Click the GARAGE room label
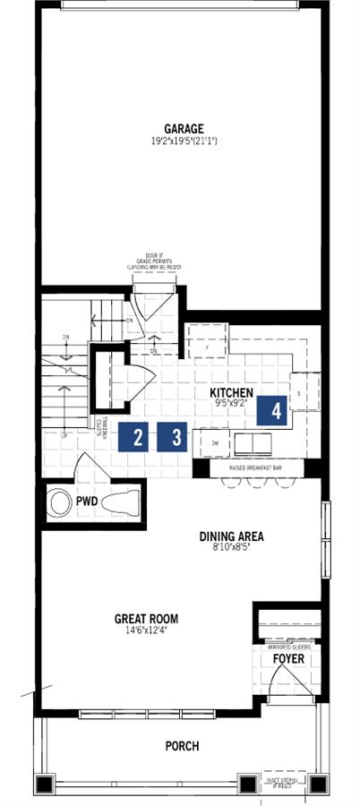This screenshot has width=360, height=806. [183, 128]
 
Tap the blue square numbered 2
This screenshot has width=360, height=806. [138, 437]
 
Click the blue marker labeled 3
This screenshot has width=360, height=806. [176, 437]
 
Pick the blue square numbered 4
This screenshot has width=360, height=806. [277, 411]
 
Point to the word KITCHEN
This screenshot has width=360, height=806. [232, 393]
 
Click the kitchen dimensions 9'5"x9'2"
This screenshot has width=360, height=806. [232, 404]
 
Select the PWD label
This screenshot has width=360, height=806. [87, 502]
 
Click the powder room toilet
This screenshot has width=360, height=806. [120, 503]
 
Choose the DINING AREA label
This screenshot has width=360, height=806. [231, 537]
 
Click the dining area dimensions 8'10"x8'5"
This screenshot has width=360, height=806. [231, 549]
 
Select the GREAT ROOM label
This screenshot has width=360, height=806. [146, 618]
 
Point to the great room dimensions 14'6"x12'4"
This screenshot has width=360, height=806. [146, 630]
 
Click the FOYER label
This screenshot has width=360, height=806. [287, 659]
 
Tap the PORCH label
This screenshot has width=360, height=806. [181, 745]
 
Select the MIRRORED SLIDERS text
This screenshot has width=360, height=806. [287, 645]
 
